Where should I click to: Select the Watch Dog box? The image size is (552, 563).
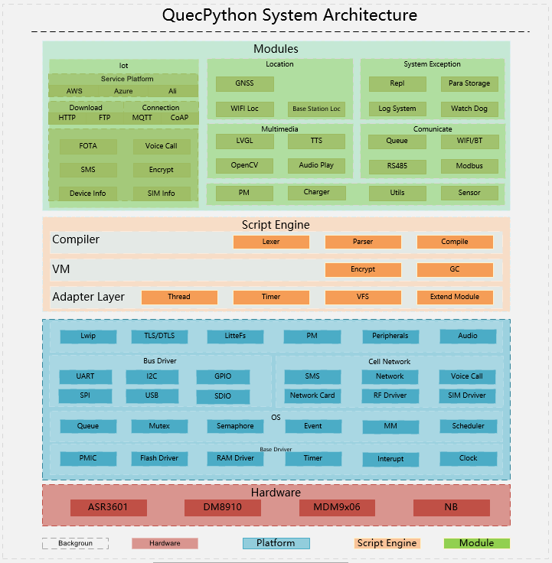pos(469,109)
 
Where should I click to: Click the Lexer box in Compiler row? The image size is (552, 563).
pos(271,242)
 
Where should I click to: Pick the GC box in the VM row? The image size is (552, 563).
pos(455,270)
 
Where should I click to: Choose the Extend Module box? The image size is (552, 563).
pos(455,297)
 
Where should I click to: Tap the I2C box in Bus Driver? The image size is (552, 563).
pos(152,376)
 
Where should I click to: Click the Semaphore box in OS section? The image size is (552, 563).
pos(235,426)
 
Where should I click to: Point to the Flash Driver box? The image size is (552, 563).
pos(158,458)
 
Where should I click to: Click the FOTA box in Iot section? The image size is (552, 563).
pos(88,145)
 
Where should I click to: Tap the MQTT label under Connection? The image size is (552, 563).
pos(142,118)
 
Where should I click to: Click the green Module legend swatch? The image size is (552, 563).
pos(476,543)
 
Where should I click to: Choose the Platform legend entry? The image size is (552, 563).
pos(276,543)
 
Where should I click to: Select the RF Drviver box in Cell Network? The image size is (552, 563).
pos(390,395)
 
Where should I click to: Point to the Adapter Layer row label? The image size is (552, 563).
pos(88,297)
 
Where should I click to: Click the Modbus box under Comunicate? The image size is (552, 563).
pos(469,166)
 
